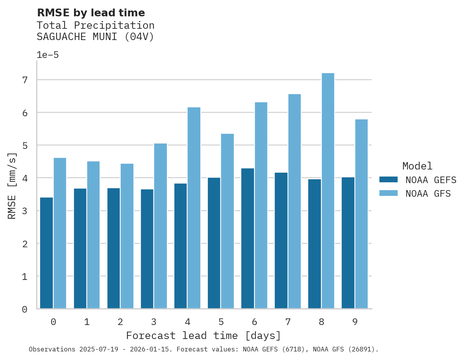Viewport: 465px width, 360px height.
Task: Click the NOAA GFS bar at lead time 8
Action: (328, 191)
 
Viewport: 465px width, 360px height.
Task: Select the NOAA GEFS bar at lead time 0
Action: (46, 253)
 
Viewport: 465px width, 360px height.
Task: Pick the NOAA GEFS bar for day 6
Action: (247, 238)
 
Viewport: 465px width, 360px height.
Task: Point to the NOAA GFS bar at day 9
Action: (361, 214)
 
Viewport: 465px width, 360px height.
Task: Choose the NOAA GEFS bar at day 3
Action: (147, 249)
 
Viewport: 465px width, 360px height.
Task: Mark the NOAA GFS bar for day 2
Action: (127, 236)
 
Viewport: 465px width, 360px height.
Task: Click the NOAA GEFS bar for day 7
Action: (281, 241)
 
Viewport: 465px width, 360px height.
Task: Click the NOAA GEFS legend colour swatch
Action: (388, 180)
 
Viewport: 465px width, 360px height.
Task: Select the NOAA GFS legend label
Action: (428, 194)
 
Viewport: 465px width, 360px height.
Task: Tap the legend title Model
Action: (417, 166)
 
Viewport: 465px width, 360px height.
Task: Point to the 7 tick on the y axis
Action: (25, 80)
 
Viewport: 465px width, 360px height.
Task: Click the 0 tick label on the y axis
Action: (25, 309)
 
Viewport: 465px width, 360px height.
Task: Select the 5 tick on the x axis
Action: (221, 322)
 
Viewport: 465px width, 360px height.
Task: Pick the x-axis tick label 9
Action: (354, 322)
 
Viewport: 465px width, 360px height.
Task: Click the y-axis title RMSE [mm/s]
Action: (12, 186)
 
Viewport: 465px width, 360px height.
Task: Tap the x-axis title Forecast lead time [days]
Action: (203, 336)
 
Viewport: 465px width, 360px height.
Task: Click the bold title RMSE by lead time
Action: (91, 13)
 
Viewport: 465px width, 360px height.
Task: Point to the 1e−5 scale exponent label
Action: (47, 55)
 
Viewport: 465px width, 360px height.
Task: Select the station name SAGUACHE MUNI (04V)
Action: (95, 37)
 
